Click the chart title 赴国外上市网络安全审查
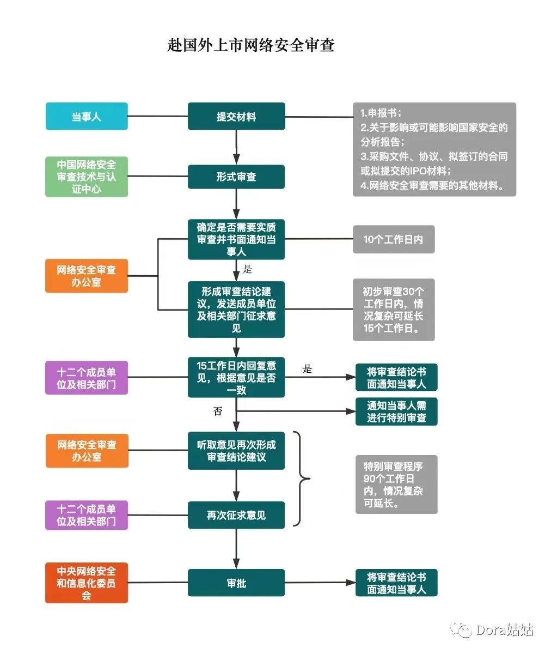click(x=251, y=45)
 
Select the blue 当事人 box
click(x=87, y=116)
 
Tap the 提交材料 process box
click(x=236, y=116)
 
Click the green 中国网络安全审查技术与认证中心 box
click(x=87, y=177)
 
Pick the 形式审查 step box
click(x=236, y=177)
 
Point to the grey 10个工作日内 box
click(x=394, y=239)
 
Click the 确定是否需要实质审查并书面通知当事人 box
click(x=236, y=239)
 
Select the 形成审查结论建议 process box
click(x=236, y=310)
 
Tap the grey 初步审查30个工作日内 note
click(x=394, y=310)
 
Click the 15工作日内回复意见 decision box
click(x=236, y=378)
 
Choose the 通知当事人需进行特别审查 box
click(x=396, y=411)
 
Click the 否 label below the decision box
click(x=218, y=411)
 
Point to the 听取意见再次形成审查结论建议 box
click(x=236, y=451)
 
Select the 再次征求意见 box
click(x=236, y=515)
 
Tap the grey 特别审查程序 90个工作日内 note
click(x=396, y=485)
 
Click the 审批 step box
click(x=236, y=583)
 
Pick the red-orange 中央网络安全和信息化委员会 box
click(x=87, y=583)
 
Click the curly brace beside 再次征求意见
click(x=301, y=479)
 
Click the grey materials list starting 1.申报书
click(x=434, y=149)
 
